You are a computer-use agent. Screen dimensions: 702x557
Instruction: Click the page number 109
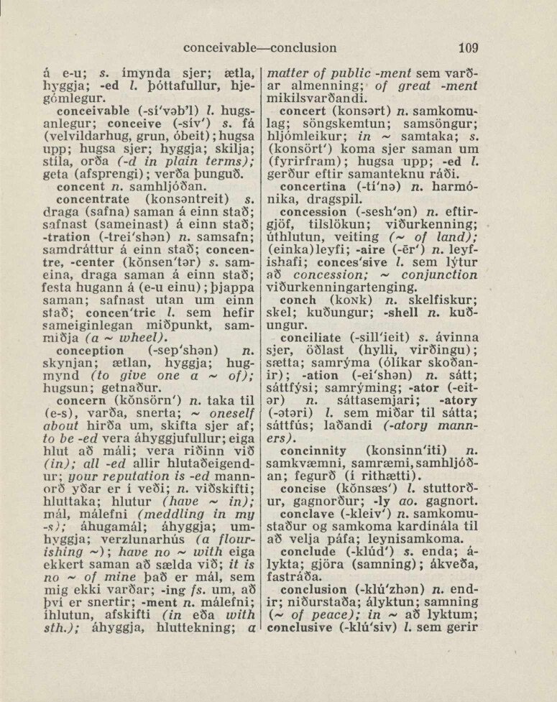468,49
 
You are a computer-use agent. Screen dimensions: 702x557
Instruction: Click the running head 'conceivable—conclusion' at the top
259,49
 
